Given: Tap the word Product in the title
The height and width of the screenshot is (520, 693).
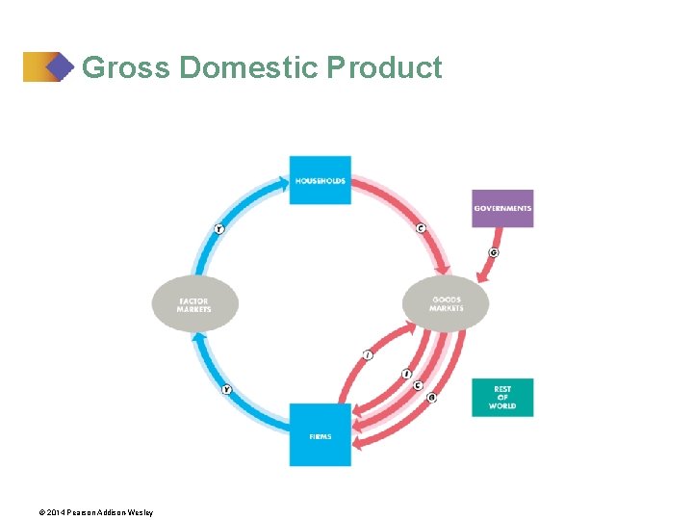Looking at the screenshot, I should coord(384,68).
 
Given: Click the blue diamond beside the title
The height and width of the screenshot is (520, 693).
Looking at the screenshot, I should coord(60,66).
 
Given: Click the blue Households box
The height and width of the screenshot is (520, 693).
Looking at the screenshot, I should coord(321,180).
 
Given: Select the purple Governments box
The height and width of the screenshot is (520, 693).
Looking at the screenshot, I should coord(502,208).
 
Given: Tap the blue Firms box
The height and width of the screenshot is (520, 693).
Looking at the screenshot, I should coord(321,435).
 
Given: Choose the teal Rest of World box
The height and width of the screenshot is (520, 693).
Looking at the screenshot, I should coord(502,398).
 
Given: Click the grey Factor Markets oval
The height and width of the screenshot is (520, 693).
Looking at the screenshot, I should coord(194,305).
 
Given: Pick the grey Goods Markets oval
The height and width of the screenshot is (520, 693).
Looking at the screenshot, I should coord(446,303).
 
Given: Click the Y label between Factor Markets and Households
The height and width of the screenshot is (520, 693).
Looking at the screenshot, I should coord(219,229).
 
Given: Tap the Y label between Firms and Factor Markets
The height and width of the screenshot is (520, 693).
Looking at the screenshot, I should coord(226,389).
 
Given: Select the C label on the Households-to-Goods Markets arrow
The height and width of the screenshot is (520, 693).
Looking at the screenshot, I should coord(421,228).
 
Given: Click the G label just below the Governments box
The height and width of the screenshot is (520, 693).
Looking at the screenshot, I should coord(493,252).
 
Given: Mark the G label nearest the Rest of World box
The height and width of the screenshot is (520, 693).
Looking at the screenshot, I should coord(431,397).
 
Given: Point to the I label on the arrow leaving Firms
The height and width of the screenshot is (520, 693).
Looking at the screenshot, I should coord(368,355).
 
